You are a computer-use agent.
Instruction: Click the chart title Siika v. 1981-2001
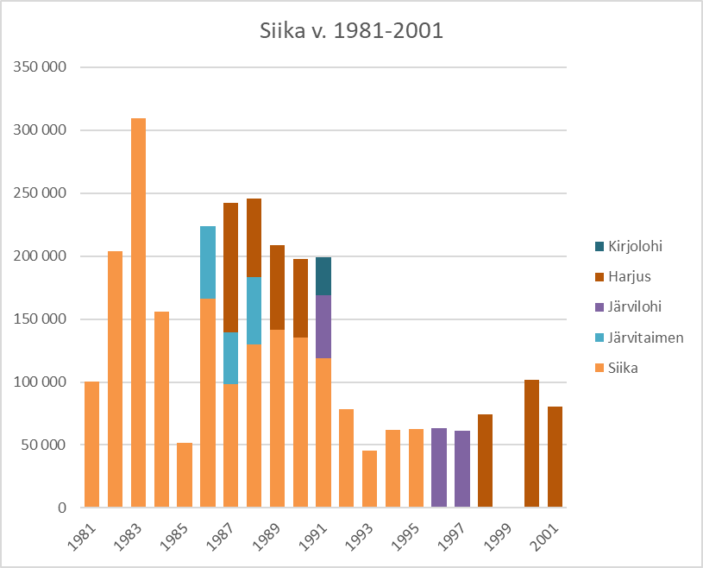(351, 32)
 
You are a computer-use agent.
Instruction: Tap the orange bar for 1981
(92, 445)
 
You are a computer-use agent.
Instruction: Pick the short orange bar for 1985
(185, 475)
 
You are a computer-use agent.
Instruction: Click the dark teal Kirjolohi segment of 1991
(323, 276)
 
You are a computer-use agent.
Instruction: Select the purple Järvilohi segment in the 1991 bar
(323, 327)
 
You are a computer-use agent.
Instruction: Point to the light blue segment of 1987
(231, 358)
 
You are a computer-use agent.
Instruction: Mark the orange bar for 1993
(369, 479)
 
